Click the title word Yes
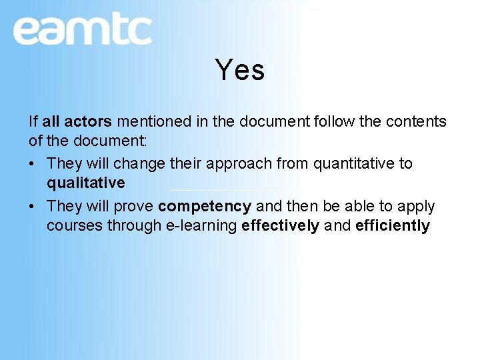point(240,70)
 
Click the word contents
point(415,121)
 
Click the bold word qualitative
point(85,183)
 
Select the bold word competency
point(205,207)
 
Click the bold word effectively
point(280,225)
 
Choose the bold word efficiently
point(393,225)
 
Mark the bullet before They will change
point(33,164)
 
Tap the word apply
point(417,207)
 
